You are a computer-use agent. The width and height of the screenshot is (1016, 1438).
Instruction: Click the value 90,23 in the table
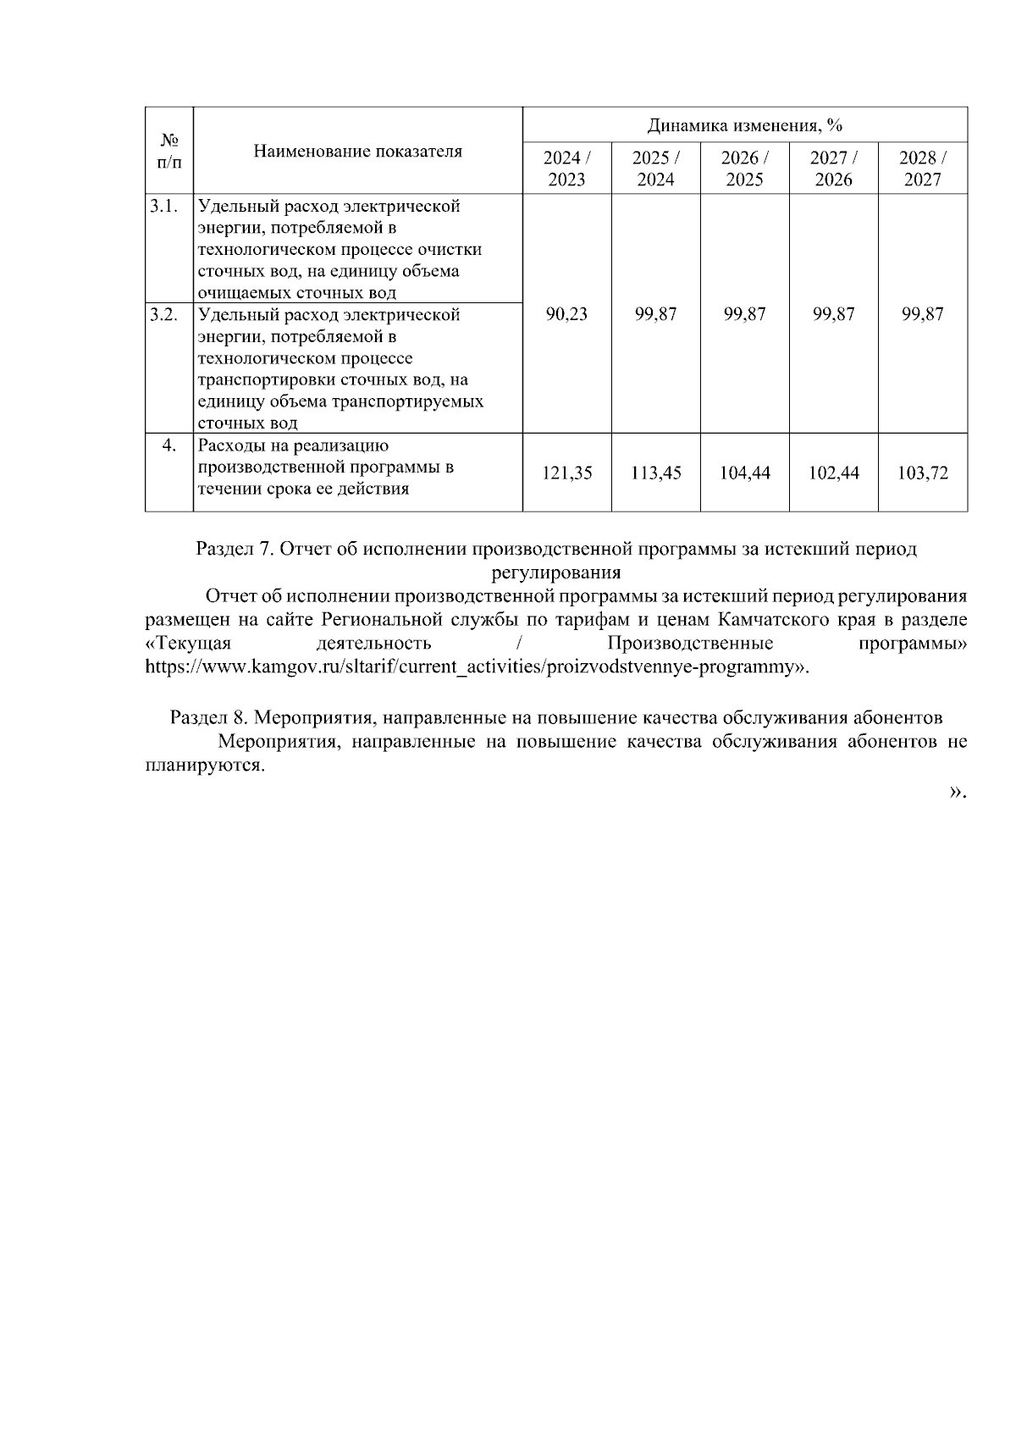[x=566, y=314]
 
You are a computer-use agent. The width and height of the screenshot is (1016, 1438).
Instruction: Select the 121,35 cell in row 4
[x=566, y=473]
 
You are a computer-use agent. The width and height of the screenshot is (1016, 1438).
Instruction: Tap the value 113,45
[x=655, y=473]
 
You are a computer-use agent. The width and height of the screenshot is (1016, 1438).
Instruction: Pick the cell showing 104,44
[x=744, y=473]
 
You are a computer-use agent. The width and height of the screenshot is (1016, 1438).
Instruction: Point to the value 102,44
[x=833, y=473]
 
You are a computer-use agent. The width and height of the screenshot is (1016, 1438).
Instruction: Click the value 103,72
[x=922, y=473]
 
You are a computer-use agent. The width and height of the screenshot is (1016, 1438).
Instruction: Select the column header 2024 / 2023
[x=566, y=169]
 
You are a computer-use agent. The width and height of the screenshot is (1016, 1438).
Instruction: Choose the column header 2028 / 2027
[x=922, y=169]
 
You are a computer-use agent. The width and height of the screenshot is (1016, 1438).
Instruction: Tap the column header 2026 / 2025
[x=744, y=169]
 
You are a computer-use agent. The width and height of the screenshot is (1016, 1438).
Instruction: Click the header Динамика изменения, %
[x=744, y=126]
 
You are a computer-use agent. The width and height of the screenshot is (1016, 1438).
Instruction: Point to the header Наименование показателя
[x=358, y=152]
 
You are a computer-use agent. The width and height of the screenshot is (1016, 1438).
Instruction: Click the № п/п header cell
[x=169, y=151]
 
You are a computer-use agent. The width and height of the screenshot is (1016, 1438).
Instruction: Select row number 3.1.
[x=164, y=206]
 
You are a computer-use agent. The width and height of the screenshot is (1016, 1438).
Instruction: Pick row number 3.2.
[x=164, y=315]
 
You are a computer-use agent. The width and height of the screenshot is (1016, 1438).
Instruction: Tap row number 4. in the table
[x=168, y=445]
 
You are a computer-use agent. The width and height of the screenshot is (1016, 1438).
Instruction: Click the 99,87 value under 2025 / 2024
[x=655, y=314]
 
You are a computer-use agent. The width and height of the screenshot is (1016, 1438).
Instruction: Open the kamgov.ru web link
[x=474, y=666]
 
